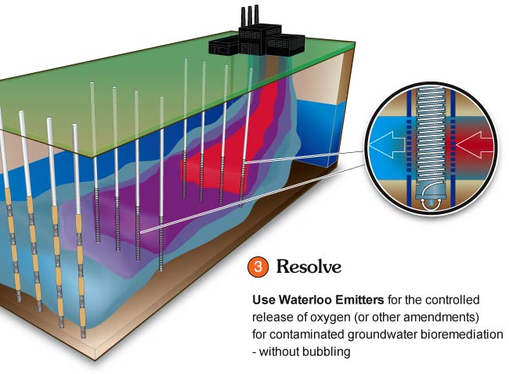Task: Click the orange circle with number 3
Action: pyautogui.click(x=258, y=267)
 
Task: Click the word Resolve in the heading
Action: pyautogui.click(x=309, y=267)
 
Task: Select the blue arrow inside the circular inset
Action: pyautogui.click(x=388, y=144)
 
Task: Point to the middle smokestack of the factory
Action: pyautogui.click(x=250, y=17)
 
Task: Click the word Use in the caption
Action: pyautogui.click(x=264, y=300)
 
